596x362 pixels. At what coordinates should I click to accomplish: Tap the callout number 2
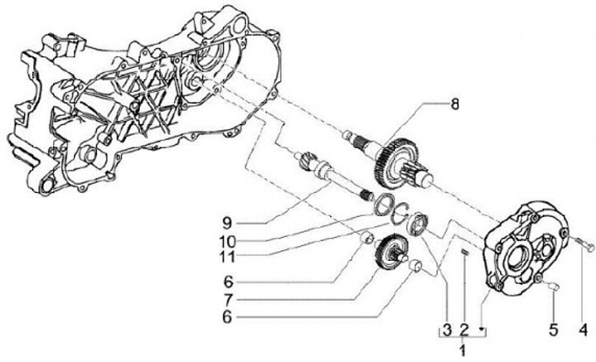click(x=464, y=330)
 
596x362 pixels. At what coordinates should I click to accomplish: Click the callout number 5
click(x=553, y=330)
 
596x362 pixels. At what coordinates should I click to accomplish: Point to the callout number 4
click(x=584, y=330)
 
